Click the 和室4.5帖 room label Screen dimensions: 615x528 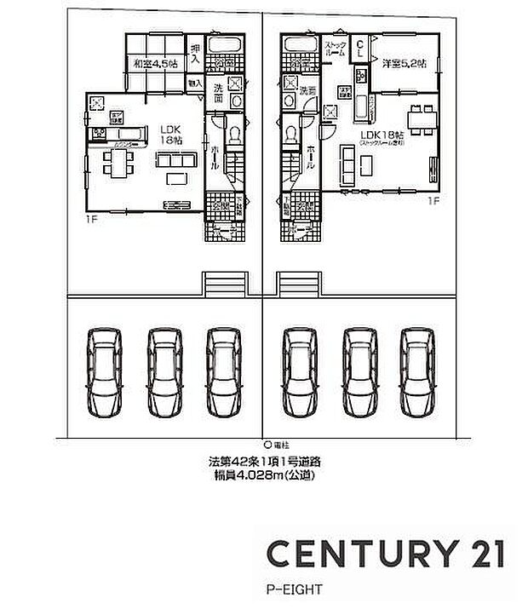click(155, 64)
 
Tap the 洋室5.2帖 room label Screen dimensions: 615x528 click(404, 64)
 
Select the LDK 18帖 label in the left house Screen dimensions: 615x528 click(172, 134)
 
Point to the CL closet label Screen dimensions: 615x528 click(360, 48)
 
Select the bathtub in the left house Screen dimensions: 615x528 click(226, 46)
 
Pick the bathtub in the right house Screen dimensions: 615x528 click(300, 46)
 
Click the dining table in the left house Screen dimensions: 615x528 click(114, 162)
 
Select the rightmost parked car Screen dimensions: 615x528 click(418, 372)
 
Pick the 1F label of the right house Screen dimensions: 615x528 click(433, 202)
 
